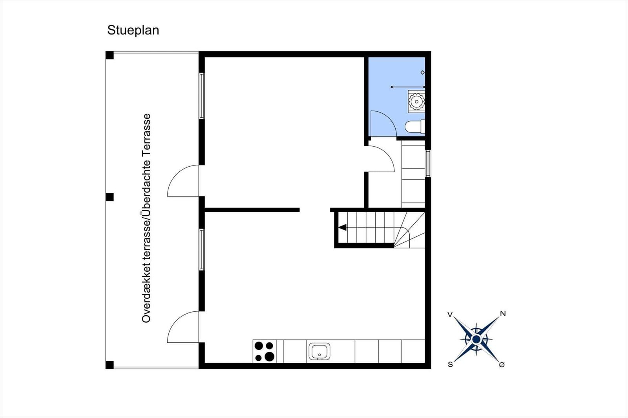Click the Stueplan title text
tap(133, 30)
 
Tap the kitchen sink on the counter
tap(319, 351)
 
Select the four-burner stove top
tap(264, 351)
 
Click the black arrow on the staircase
tap(342, 227)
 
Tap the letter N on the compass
tap(503, 313)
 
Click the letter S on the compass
tap(450, 364)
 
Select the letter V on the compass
tap(450, 314)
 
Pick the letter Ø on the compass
tap(502, 365)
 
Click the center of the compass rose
tap(476, 339)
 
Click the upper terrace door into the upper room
tap(183, 181)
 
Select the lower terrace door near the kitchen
tap(183, 327)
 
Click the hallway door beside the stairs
tap(380, 159)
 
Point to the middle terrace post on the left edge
tap(110, 197)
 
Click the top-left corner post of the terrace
tap(110, 55)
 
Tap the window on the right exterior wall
tap(428, 163)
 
